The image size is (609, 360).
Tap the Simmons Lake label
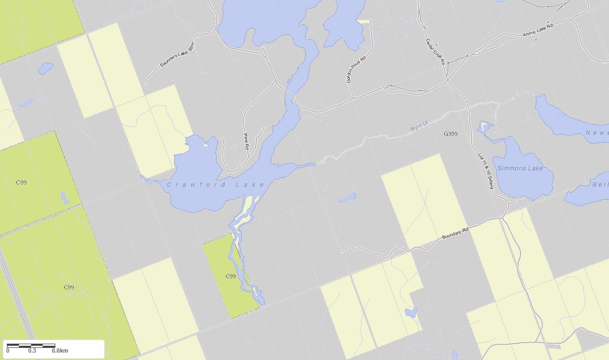[520, 168]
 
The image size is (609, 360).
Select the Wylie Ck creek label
[420, 127]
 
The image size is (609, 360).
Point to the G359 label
[450, 134]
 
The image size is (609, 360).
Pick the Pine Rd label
[246, 141]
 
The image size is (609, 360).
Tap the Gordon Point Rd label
[356, 69]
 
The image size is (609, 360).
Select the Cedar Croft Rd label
[435, 52]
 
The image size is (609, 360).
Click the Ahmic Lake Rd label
[537, 30]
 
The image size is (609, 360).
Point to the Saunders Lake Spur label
[177, 56]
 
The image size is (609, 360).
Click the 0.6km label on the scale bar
[60, 351]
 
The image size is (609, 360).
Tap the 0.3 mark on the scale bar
[32, 351]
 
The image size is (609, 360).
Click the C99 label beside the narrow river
[230, 276]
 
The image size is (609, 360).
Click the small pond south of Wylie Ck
[347, 198]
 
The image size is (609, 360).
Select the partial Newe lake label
[596, 133]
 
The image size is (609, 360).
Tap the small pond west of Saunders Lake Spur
[46, 68]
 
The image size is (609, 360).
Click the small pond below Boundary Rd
[411, 313]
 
